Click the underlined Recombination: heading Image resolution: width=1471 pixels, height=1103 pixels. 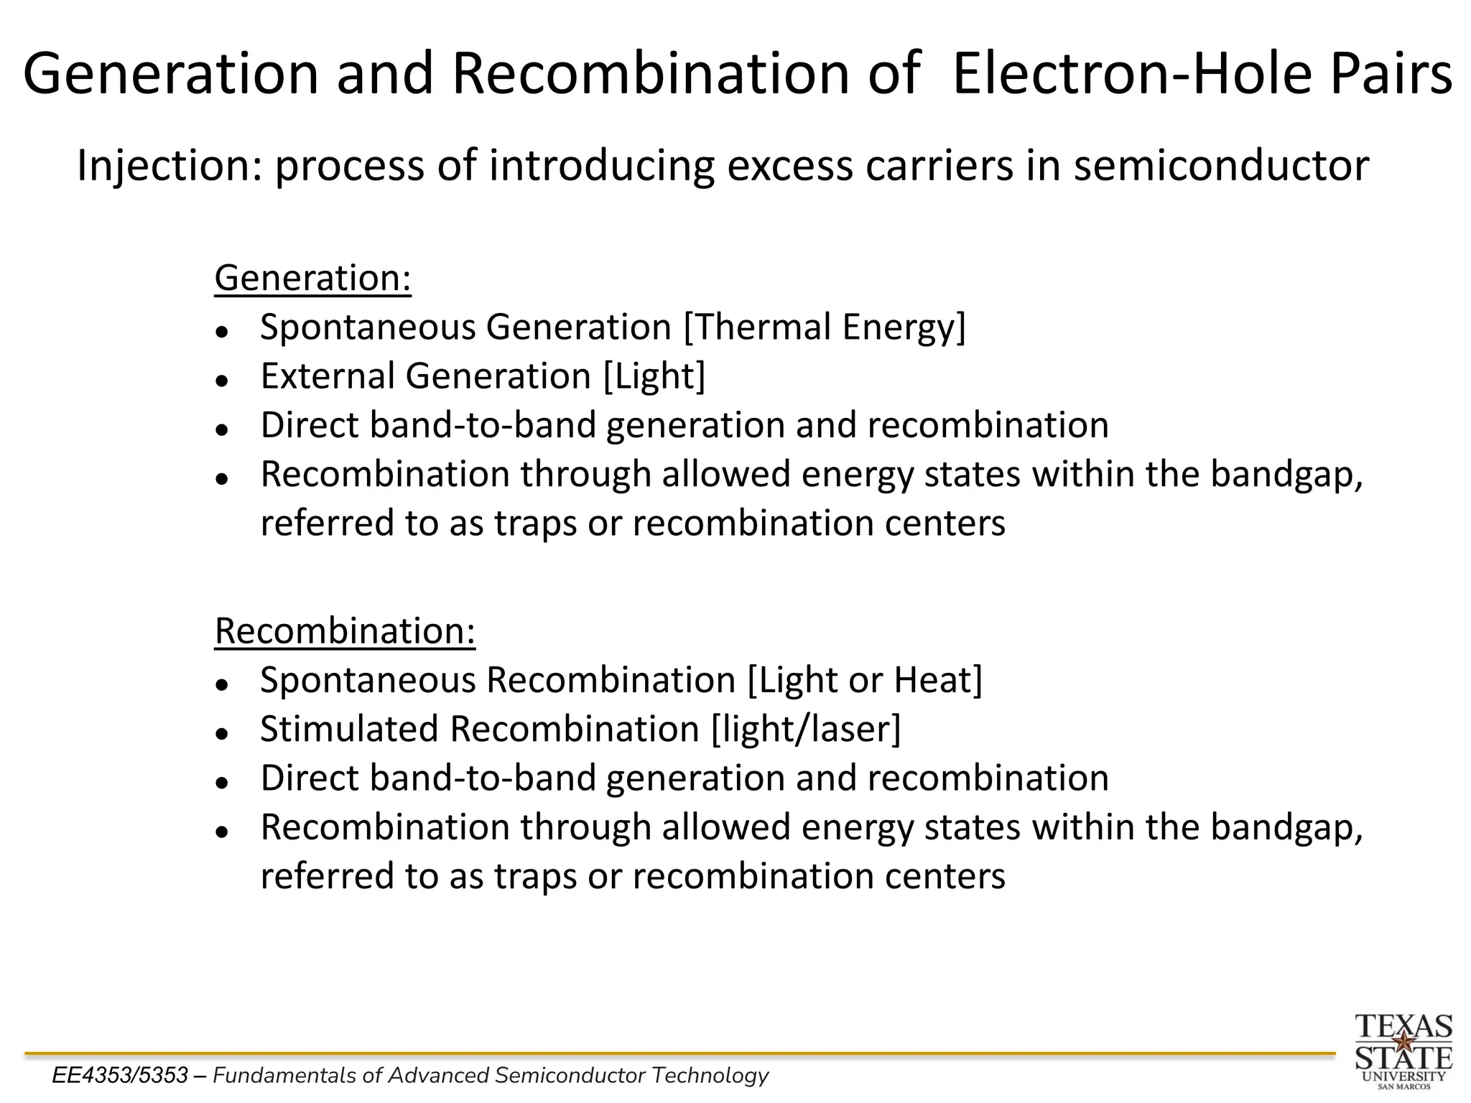tap(345, 631)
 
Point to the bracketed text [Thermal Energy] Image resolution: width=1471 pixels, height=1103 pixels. tap(825, 327)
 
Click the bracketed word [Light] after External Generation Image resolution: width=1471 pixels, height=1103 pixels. tap(654, 376)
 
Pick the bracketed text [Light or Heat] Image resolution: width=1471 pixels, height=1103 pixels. tap(865, 680)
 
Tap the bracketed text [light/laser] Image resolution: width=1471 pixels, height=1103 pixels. tap(805, 729)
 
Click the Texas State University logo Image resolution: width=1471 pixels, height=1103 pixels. tap(1403, 1051)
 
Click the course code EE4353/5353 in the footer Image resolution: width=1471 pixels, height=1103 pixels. tap(120, 1076)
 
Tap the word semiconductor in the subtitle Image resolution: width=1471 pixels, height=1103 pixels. tap(1221, 166)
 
